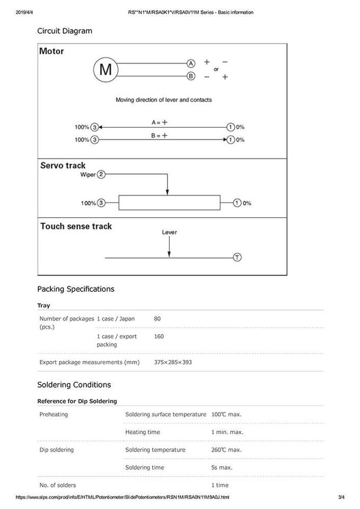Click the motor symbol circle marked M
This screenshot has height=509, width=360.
[x=106, y=69]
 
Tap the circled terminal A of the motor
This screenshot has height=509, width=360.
[x=191, y=63]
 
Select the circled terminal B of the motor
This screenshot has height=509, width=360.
[x=191, y=76]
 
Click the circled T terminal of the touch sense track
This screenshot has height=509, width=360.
[x=237, y=258]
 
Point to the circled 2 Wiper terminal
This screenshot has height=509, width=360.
[x=101, y=174]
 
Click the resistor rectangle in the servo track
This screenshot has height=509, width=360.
[x=169, y=203]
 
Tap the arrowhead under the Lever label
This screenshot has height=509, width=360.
[x=169, y=254]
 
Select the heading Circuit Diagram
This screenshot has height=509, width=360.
[x=65, y=31]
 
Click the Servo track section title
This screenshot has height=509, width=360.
[x=63, y=165]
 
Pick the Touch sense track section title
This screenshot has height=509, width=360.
[x=76, y=226]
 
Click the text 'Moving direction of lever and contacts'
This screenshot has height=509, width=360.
[x=164, y=100]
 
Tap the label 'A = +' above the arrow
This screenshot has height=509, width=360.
[x=160, y=122]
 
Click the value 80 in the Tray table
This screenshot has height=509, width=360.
[x=157, y=319]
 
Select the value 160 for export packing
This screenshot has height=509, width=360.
[x=159, y=336]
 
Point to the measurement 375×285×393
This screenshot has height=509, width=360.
[x=173, y=362]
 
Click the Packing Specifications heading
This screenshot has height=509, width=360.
[x=76, y=289]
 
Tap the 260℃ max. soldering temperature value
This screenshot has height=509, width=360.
[x=226, y=450]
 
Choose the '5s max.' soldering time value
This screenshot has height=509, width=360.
[x=222, y=467]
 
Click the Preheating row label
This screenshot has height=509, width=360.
[x=54, y=414]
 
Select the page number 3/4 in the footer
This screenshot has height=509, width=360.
[x=341, y=497]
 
